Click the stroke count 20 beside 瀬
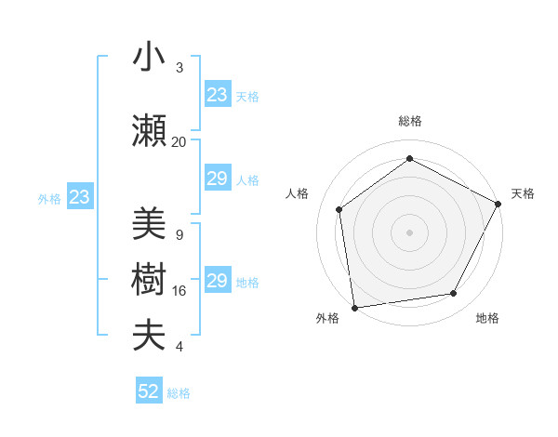(179, 141)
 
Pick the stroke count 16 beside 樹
(179, 291)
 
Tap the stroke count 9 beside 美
(179, 234)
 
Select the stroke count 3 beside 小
(179, 68)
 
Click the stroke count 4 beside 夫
(179, 347)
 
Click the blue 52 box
(149, 391)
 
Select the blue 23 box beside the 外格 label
(79, 197)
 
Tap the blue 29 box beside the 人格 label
(218, 179)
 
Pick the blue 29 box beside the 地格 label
(218, 281)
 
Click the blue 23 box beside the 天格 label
(218, 95)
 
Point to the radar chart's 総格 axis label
(409, 122)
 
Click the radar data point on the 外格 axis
(354, 307)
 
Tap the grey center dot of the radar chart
(409, 232)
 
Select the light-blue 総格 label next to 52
(179, 393)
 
